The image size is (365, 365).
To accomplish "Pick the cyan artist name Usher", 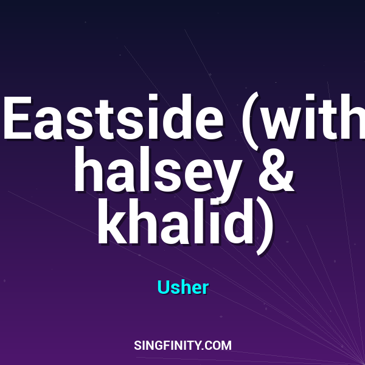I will pyautogui.click(x=182, y=287).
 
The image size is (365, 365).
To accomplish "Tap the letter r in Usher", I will pyautogui.click(x=205, y=289).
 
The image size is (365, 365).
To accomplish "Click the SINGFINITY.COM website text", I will pyautogui.click(x=182, y=346).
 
